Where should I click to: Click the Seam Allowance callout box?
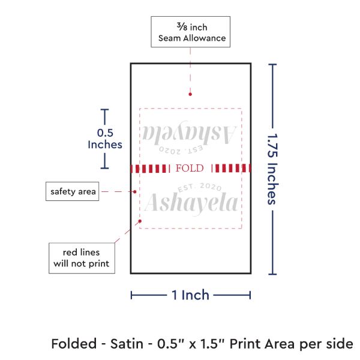pos(191,32)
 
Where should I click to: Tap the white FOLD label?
pos(190,168)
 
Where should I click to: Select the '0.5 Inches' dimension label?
pos(105,138)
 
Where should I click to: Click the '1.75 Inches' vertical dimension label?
pos(272,169)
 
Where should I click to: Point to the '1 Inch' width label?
pos(190,295)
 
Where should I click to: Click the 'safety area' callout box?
pos(71,191)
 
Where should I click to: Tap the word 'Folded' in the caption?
pos(72,344)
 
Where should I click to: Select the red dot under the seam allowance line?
pos(190,94)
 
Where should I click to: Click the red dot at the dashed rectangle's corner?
pos(140,221)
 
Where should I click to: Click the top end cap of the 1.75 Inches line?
pos(274,64)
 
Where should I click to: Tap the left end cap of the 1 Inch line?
pos(131,295)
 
